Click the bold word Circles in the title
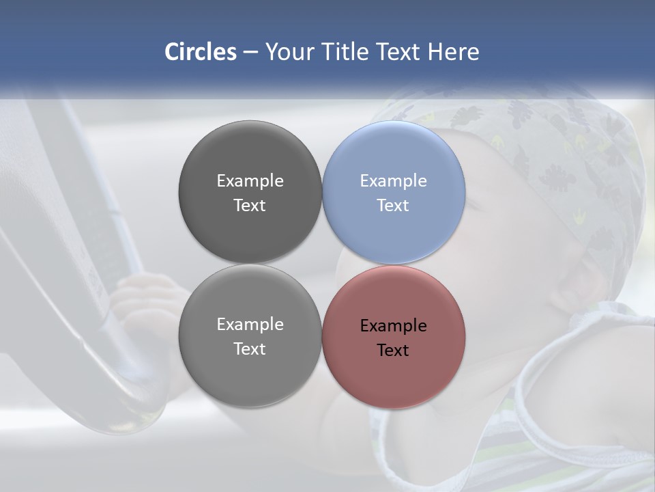201,52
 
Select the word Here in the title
453,52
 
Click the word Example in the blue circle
393,181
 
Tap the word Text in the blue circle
393,206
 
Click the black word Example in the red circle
393,326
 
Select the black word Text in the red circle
393,351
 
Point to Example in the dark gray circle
250,181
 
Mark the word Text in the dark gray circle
250,206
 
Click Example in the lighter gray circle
250,325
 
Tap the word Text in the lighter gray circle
250,349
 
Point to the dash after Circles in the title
250,53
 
